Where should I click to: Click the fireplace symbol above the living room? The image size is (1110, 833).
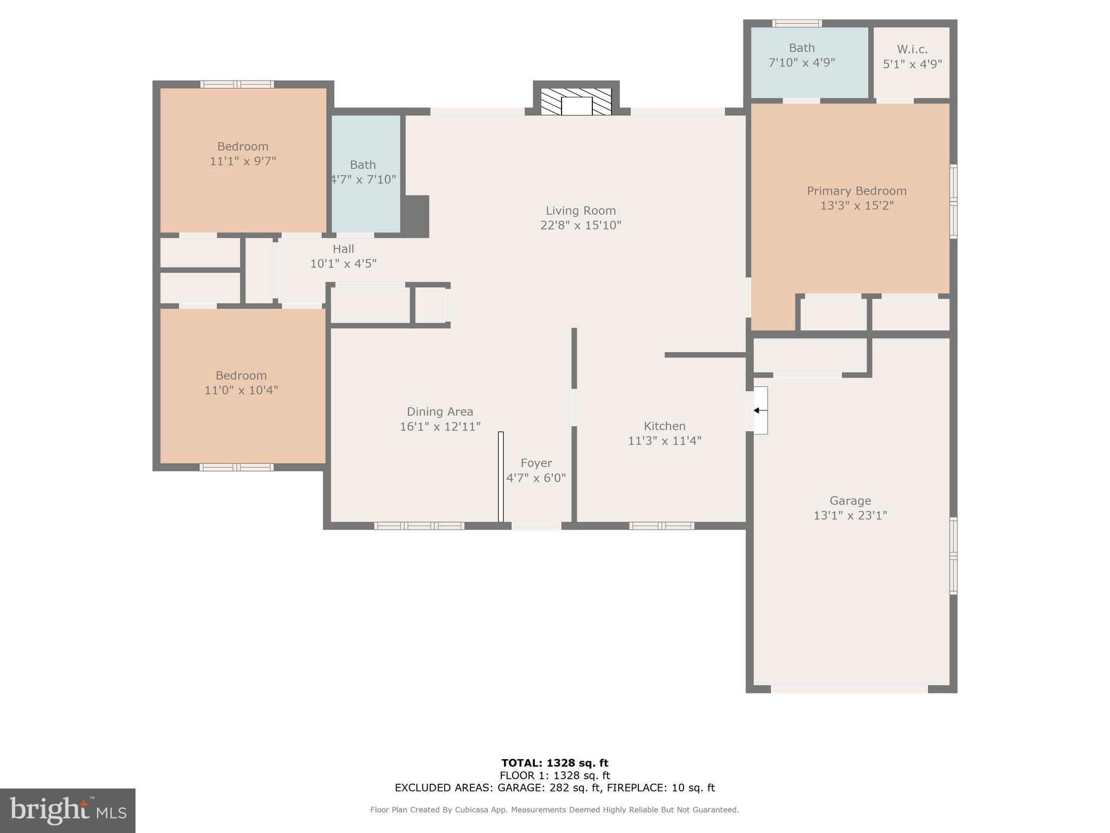[576, 102]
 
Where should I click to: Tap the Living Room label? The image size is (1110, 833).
[580, 210]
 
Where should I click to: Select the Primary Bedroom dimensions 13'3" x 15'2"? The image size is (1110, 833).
[856, 206]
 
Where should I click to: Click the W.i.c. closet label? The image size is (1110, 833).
[912, 49]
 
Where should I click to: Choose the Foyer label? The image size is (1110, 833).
[536, 463]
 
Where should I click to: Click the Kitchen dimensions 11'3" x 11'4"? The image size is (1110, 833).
[664, 441]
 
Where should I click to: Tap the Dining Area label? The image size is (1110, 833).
[440, 412]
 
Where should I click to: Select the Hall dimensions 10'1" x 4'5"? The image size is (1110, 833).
[343, 264]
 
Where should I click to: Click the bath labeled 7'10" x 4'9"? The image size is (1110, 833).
[802, 55]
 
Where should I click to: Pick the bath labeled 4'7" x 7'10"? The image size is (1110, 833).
[363, 172]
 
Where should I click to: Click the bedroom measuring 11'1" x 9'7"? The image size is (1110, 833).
[243, 153]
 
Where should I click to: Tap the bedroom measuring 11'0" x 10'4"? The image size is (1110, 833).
[241, 382]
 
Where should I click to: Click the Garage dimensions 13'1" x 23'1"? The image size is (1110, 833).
[850, 515]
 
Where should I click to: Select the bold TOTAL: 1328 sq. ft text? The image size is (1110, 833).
[554, 763]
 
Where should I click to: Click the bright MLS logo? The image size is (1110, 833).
[68, 810]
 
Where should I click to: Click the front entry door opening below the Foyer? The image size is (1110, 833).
[536, 526]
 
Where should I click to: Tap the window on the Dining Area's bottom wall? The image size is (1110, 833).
[419, 526]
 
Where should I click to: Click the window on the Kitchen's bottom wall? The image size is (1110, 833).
[661, 526]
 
